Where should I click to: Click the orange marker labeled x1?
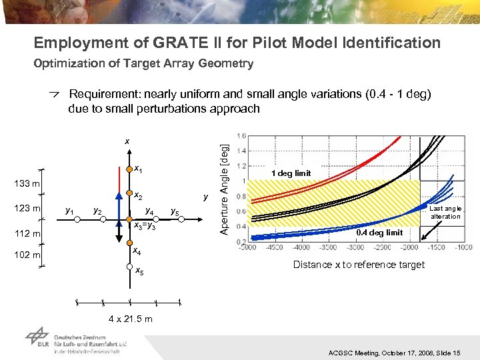(129, 169)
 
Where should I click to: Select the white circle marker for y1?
(76, 218)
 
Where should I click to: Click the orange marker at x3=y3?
(129, 218)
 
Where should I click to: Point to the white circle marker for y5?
(181, 218)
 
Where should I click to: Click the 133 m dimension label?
(27, 183)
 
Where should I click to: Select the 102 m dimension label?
(27, 255)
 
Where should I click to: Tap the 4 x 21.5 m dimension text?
(129, 319)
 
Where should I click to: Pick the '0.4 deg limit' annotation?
(379, 233)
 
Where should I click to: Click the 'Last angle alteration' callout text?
(445, 212)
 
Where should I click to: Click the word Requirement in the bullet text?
(103, 94)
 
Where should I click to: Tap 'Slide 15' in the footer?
(455, 352)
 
